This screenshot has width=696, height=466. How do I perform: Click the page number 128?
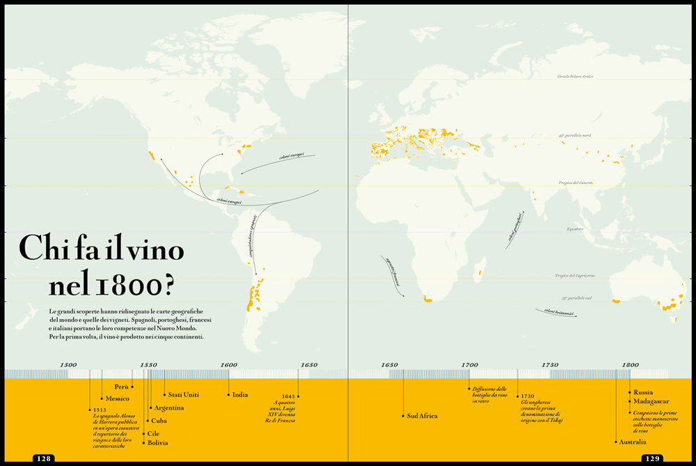pyautogui.click(x=43, y=458)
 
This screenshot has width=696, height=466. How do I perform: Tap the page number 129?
pyautogui.click(x=651, y=458)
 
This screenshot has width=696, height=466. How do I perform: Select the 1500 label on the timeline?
pyautogui.click(x=68, y=365)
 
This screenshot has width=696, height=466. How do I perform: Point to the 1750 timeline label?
pyautogui.click(x=550, y=365)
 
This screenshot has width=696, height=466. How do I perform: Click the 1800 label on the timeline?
pyautogui.click(x=630, y=365)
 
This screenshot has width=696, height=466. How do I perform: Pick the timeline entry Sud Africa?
pyautogui.click(x=422, y=416)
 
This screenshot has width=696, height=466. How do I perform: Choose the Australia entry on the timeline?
pyautogui.click(x=633, y=442)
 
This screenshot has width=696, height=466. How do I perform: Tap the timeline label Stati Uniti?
pyautogui.click(x=183, y=395)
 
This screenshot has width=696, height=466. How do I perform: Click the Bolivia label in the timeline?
pyautogui.click(x=158, y=443)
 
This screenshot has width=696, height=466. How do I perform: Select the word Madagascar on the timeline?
pyautogui.click(x=651, y=401)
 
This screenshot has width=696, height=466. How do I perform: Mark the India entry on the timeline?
pyautogui.click(x=240, y=395)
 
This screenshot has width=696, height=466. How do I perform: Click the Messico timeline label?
pyautogui.click(x=118, y=398)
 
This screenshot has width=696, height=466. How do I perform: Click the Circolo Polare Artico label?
pyautogui.click(x=575, y=77)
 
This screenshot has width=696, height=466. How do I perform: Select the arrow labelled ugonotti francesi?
pyautogui.click(x=394, y=272)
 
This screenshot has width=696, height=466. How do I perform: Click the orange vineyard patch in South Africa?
pyautogui.click(x=427, y=300)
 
